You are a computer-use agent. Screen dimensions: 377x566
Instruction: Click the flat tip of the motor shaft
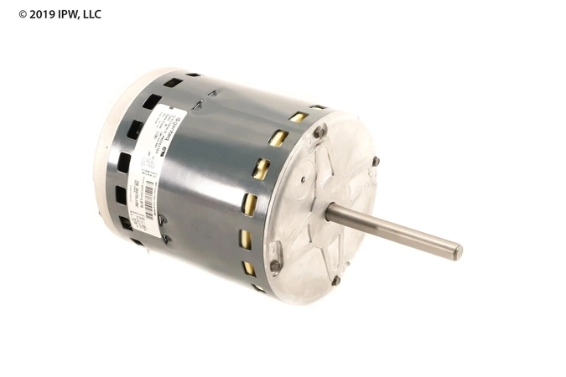point(457,250)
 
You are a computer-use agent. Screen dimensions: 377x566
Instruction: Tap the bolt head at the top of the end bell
point(319,131)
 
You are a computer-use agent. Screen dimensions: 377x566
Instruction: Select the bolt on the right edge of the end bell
point(376,161)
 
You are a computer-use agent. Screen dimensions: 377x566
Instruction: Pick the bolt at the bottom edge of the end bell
point(335,281)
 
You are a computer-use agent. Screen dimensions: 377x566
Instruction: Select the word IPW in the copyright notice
point(68,14)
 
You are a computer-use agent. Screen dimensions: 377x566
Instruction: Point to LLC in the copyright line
point(91,14)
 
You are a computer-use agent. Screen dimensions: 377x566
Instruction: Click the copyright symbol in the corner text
point(23,14)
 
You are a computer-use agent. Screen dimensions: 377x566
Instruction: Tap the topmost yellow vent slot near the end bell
point(298,117)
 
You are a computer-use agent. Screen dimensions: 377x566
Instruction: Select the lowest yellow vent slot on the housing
point(249,269)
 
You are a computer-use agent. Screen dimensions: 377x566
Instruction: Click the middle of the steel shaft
point(394,230)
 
